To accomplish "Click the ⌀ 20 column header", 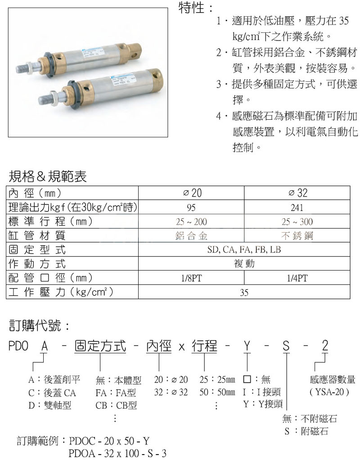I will [x=192, y=194].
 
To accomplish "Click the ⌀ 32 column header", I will [x=297, y=194].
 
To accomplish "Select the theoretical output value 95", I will [x=192, y=208].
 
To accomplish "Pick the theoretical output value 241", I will [x=297, y=208].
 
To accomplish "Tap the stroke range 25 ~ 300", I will [x=297, y=222].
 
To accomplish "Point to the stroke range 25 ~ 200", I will [x=192, y=222].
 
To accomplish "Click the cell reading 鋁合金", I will [x=192, y=236].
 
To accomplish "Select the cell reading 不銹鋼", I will [x=297, y=236].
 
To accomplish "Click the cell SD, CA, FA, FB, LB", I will [x=244, y=250].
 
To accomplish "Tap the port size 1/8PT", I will [x=192, y=278].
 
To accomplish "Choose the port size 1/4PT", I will [x=297, y=278].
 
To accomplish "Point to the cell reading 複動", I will [x=244, y=264].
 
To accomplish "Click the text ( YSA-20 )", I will [x=329, y=392].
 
